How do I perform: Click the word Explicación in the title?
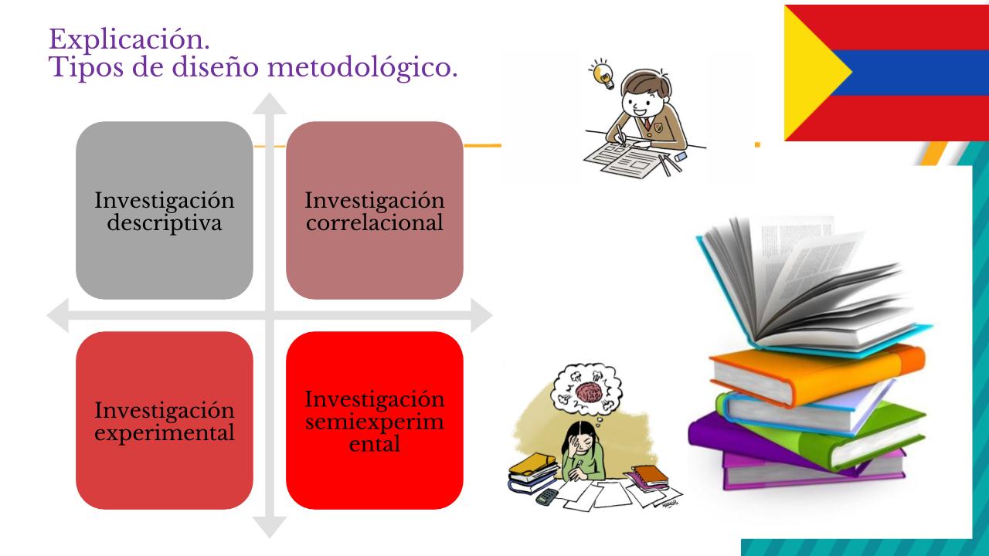[x=129, y=39]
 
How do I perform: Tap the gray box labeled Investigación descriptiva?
[x=165, y=211]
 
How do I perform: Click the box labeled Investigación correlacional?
[x=375, y=211]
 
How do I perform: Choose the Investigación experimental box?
[x=165, y=421]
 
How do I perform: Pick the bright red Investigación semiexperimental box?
[x=375, y=421]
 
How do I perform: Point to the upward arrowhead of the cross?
[x=270, y=103]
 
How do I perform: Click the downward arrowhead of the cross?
[x=270, y=527]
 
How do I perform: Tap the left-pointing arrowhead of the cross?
[x=58, y=315]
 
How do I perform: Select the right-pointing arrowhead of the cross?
[x=481, y=315]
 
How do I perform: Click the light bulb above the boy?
[x=602, y=75]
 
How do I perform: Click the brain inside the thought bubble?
[x=589, y=392]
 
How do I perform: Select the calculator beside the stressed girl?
[x=546, y=497]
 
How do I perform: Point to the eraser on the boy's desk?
[x=681, y=156]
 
